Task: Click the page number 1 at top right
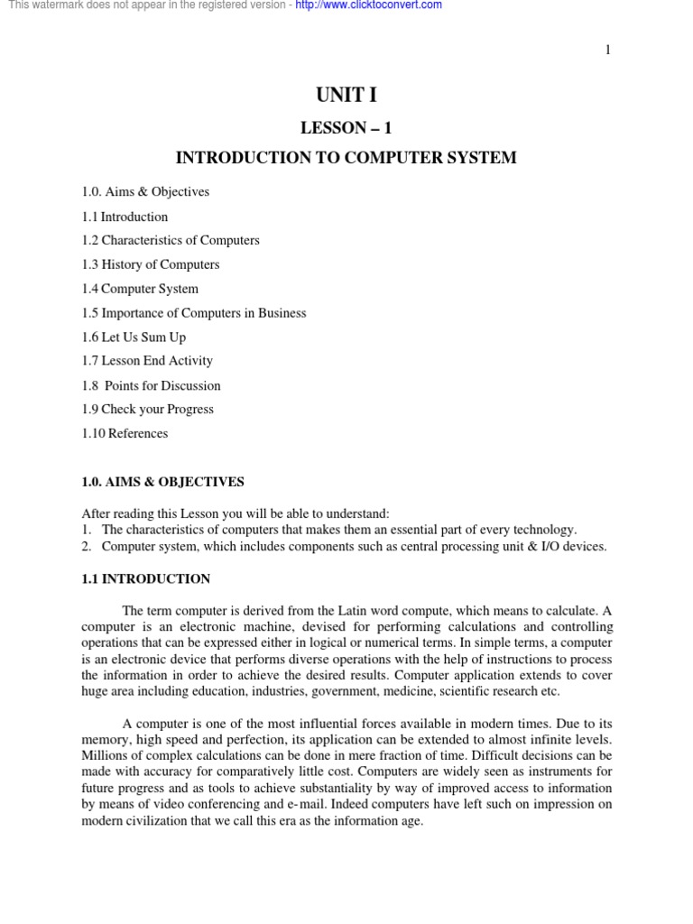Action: click(608, 50)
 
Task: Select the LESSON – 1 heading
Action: click(346, 128)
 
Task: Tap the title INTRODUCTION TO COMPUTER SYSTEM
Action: click(346, 158)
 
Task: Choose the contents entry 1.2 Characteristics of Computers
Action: click(171, 241)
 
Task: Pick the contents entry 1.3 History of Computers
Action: click(151, 265)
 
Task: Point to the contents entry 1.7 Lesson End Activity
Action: click(147, 361)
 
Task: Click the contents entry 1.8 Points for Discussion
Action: click(152, 386)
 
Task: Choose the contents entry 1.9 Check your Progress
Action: click(148, 410)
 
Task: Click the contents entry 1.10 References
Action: click(125, 434)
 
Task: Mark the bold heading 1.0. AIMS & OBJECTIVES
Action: click(162, 483)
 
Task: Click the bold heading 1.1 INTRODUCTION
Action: click(146, 579)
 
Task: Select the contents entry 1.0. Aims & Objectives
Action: click(145, 192)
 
